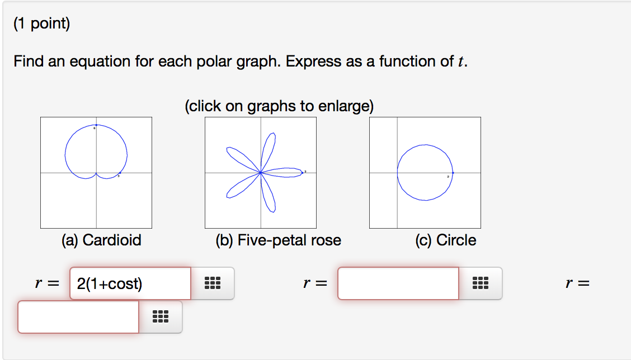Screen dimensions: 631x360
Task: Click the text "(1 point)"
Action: (42, 25)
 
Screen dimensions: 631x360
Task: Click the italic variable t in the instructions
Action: (461, 61)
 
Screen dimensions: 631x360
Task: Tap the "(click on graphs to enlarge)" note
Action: (279, 106)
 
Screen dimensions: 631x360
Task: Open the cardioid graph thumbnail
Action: (96, 173)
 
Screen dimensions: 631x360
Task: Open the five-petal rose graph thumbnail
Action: (261, 173)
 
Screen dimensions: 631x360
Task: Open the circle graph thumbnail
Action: (425, 173)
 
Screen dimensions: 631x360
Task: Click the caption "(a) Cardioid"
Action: (101, 240)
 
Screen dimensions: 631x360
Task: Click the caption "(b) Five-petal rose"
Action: (278, 240)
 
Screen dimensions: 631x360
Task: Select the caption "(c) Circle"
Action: (445, 240)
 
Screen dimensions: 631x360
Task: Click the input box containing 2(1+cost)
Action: (130, 283)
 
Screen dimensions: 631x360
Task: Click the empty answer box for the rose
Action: (398, 283)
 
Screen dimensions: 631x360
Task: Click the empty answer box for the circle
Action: (78, 317)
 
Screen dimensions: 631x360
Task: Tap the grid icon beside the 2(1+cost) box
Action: (213, 283)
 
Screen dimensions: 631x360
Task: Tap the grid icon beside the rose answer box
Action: (480, 283)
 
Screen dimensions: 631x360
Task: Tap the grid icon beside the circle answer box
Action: (160, 317)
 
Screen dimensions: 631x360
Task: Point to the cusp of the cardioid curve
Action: (96, 173)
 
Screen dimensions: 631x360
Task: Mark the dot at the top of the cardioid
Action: (96, 125)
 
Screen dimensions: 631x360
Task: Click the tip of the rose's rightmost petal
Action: (303, 173)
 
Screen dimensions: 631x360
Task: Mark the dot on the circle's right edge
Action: (453, 173)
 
